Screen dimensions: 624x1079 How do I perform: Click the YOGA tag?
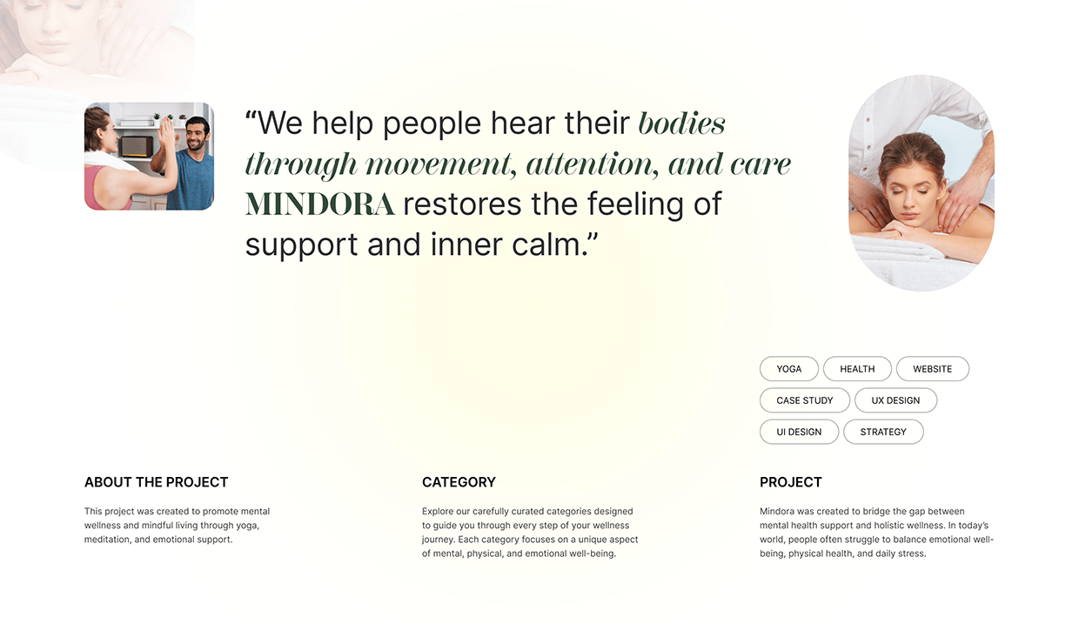pyautogui.click(x=788, y=369)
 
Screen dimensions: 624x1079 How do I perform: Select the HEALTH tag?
pyautogui.click(x=857, y=369)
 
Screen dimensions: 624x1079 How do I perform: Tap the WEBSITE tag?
pyautogui.click(x=932, y=369)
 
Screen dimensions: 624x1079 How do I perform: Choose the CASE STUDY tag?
pyautogui.click(x=804, y=400)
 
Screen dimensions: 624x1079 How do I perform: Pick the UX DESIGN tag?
pyautogui.click(x=895, y=400)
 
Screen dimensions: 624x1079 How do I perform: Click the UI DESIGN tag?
pyautogui.click(x=799, y=432)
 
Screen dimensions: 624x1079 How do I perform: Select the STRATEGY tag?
pyautogui.click(x=883, y=432)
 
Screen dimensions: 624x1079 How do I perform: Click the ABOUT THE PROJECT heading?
pyautogui.click(x=156, y=482)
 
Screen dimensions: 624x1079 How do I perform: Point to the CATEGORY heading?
pyautogui.click(x=459, y=482)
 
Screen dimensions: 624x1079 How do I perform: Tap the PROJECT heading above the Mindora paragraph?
pyautogui.click(x=790, y=482)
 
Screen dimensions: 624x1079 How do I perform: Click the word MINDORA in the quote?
pyautogui.click(x=319, y=205)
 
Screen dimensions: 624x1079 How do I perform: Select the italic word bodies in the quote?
pyautogui.click(x=681, y=124)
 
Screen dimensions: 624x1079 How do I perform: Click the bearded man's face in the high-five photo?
pyautogui.click(x=198, y=136)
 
